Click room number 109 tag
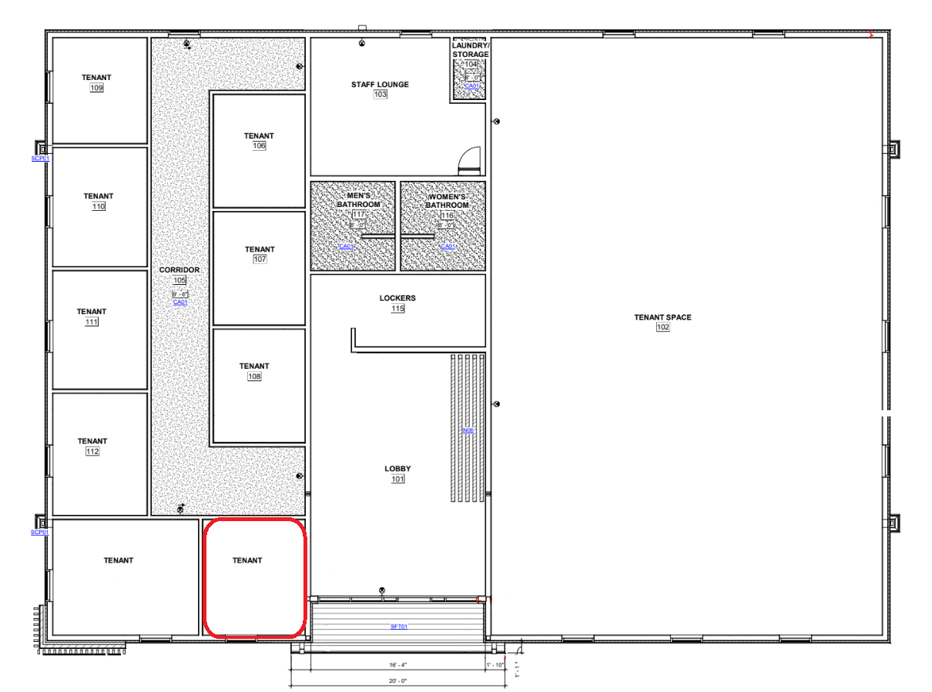(96, 88)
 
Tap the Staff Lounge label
(380, 84)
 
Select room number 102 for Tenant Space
(662, 327)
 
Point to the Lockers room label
(397, 298)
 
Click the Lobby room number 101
(397, 479)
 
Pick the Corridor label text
(179, 270)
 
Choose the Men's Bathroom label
(358, 200)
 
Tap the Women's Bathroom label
(448, 200)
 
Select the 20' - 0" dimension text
(398, 680)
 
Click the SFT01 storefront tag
(398, 627)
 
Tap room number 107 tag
(260, 259)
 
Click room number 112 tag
(92, 451)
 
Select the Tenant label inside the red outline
(247, 560)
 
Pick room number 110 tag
(99, 206)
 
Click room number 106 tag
(259, 145)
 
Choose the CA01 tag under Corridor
(180, 303)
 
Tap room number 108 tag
(254, 376)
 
